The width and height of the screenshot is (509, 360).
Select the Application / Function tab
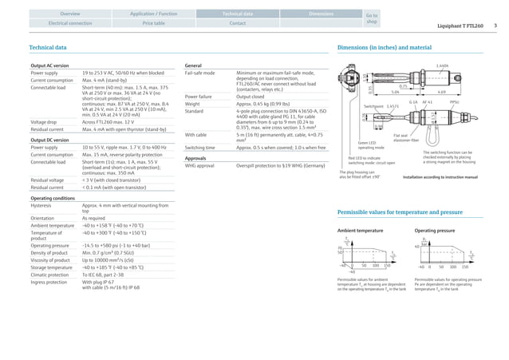click(x=154, y=14)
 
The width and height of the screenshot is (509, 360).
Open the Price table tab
click(x=154, y=24)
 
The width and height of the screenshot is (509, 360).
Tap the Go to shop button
click(x=370, y=18)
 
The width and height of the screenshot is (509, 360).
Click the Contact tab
click(x=238, y=24)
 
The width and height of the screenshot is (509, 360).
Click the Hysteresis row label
click(x=43, y=205)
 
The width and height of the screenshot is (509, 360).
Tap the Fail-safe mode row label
click(x=199, y=73)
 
